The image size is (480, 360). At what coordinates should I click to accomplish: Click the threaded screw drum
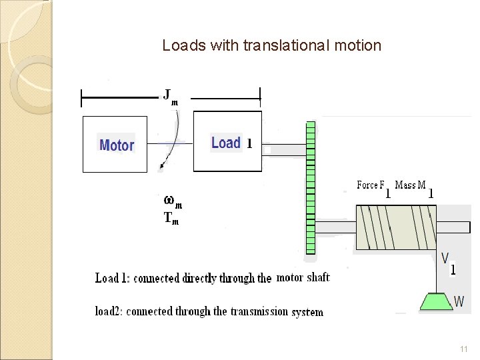(x=396, y=227)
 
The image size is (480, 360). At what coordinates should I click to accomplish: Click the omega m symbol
(x=171, y=201)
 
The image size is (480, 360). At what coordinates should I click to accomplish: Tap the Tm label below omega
(x=171, y=217)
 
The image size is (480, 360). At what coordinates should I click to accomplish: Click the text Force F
(x=371, y=185)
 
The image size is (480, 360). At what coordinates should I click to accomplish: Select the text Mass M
(x=411, y=185)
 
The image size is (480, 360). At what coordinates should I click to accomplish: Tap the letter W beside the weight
(x=459, y=301)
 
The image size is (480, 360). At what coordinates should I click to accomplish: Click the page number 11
(x=464, y=349)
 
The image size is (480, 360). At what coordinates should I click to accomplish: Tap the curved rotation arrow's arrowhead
(x=162, y=168)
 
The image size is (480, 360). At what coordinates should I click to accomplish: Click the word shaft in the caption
(x=318, y=277)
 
